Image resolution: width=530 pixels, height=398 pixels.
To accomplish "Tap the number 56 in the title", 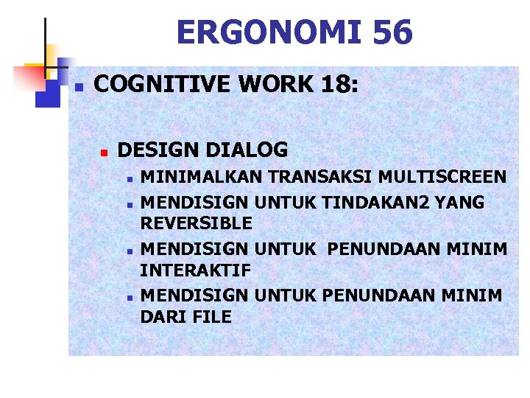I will pos(393,32).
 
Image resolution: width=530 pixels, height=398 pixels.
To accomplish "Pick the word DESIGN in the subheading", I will pos(158,150).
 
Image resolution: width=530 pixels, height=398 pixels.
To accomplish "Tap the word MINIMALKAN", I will pos(202,177).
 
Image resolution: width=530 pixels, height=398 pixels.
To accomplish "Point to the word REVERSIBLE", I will pos(196,223).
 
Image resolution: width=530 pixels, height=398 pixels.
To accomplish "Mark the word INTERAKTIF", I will pos(195,270).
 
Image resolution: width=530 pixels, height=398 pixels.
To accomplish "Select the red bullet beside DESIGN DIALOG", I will pos(105,153).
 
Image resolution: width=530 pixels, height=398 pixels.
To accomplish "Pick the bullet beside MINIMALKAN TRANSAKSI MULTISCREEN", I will pos(129,178).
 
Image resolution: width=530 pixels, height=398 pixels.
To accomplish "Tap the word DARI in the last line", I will pos(163,317).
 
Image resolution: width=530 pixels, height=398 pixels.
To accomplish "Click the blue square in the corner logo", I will pos(47,94).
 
